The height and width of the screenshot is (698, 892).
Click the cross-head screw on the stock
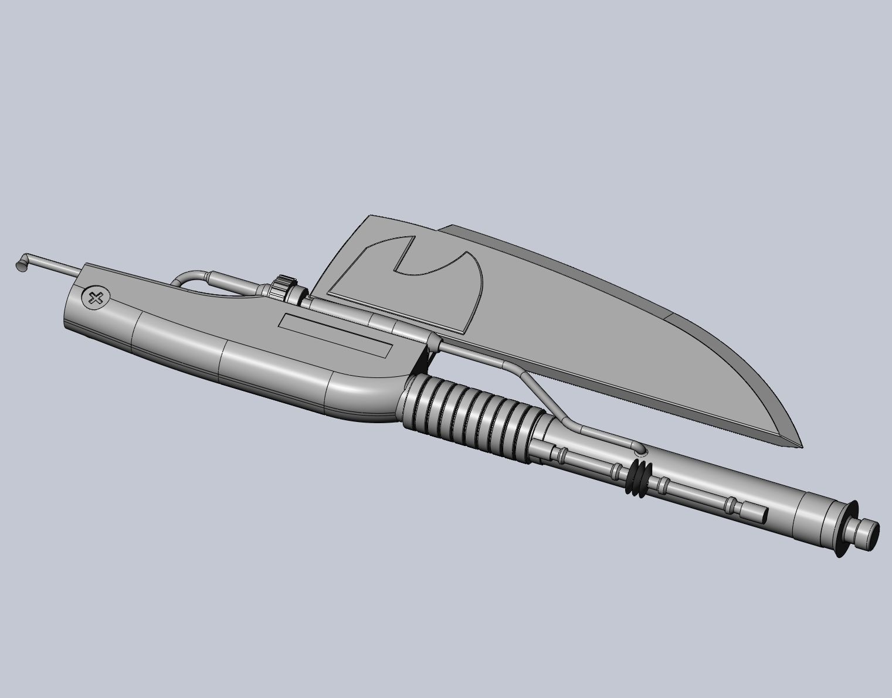point(94,298)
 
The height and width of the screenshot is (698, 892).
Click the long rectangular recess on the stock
point(335,336)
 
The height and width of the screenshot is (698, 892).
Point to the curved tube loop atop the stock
point(191,277)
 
